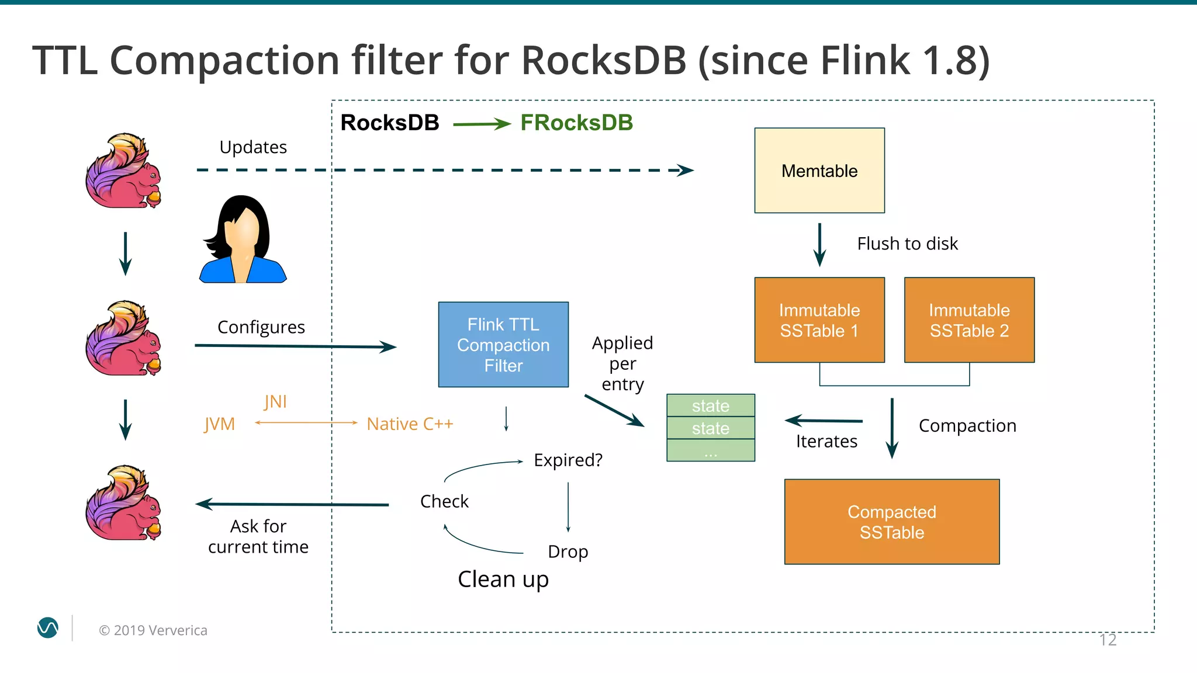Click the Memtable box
[819, 171]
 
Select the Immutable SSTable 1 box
[819, 320]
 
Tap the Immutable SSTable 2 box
[969, 320]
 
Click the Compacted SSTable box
[891, 522]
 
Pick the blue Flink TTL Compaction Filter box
[503, 345]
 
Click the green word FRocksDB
[576, 123]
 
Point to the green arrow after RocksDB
[481, 123]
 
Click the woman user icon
[243, 240]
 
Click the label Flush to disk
[907, 244]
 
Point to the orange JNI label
[275, 401]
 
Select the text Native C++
[410, 424]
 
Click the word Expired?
[568, 460]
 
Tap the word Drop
[568, 551]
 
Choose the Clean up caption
[503, 579]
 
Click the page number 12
[1107, 640]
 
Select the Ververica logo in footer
[48, 628]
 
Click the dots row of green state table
[710, 451]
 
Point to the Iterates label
[826, 441]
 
